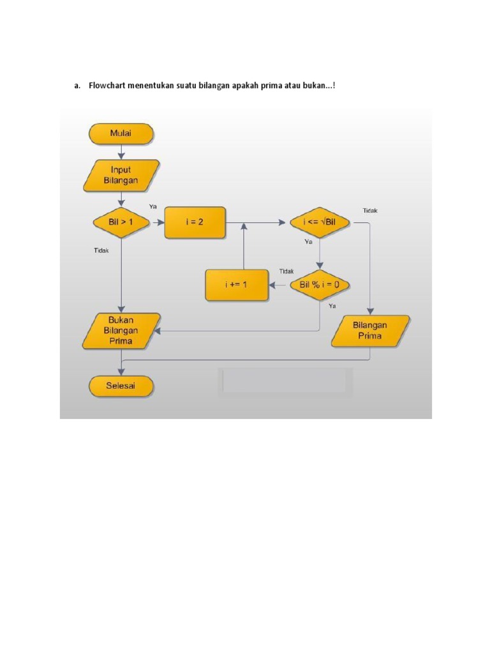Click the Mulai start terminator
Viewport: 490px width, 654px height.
pos(121,133)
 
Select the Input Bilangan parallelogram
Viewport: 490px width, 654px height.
pos(121,176)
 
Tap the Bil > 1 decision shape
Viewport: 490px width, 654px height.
pos(121,222)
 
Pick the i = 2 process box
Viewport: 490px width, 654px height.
pos(195,222)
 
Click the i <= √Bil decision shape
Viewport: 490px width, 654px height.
pos(320,222)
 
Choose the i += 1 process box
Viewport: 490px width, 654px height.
pos(235,285)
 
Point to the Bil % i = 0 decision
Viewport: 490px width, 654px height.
pos(320,285)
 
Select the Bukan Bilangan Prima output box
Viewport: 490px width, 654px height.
pos(121,331)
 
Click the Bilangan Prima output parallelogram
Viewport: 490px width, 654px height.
pos(370,330)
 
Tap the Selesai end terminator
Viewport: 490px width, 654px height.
pos(121,386)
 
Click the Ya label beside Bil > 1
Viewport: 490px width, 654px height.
pos(153,206)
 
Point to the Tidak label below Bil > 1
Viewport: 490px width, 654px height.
pos(101,251)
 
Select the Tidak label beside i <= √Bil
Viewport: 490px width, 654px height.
pos(370,210)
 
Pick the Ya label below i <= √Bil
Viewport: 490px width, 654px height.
pos(308,242)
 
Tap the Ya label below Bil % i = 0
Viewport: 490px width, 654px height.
pos(332,306)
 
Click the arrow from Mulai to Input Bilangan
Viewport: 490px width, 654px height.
pos(121,151)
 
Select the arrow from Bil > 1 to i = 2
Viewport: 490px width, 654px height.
pos(157,223)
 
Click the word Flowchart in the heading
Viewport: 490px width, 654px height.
pos(106,86)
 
